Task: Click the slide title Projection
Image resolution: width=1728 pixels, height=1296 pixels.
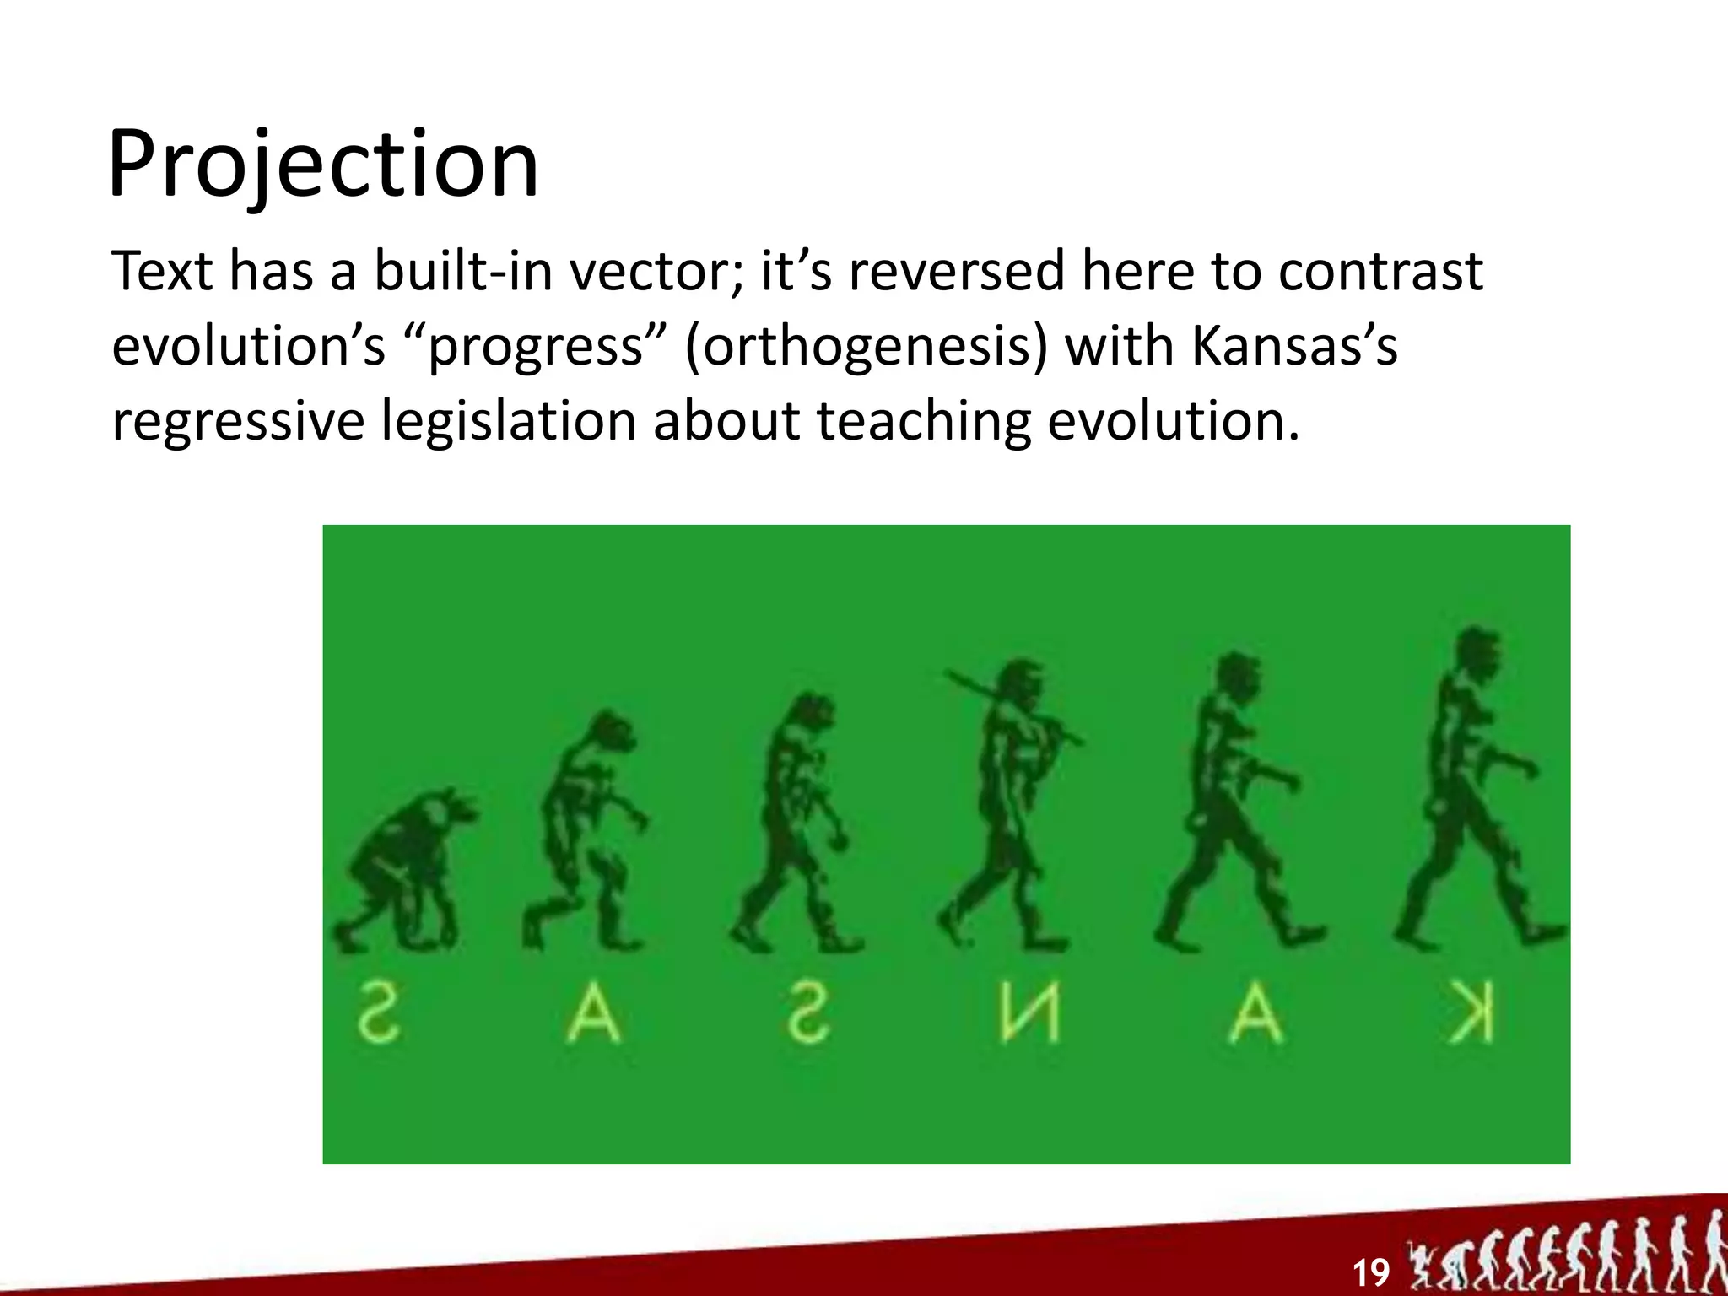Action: click(323, 165)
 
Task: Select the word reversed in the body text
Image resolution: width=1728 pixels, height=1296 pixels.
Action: click(957, 272)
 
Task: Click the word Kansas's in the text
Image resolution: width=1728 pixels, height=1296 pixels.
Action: click(1294, 346)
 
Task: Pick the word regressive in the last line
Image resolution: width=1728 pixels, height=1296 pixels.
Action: click(238, 420)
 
